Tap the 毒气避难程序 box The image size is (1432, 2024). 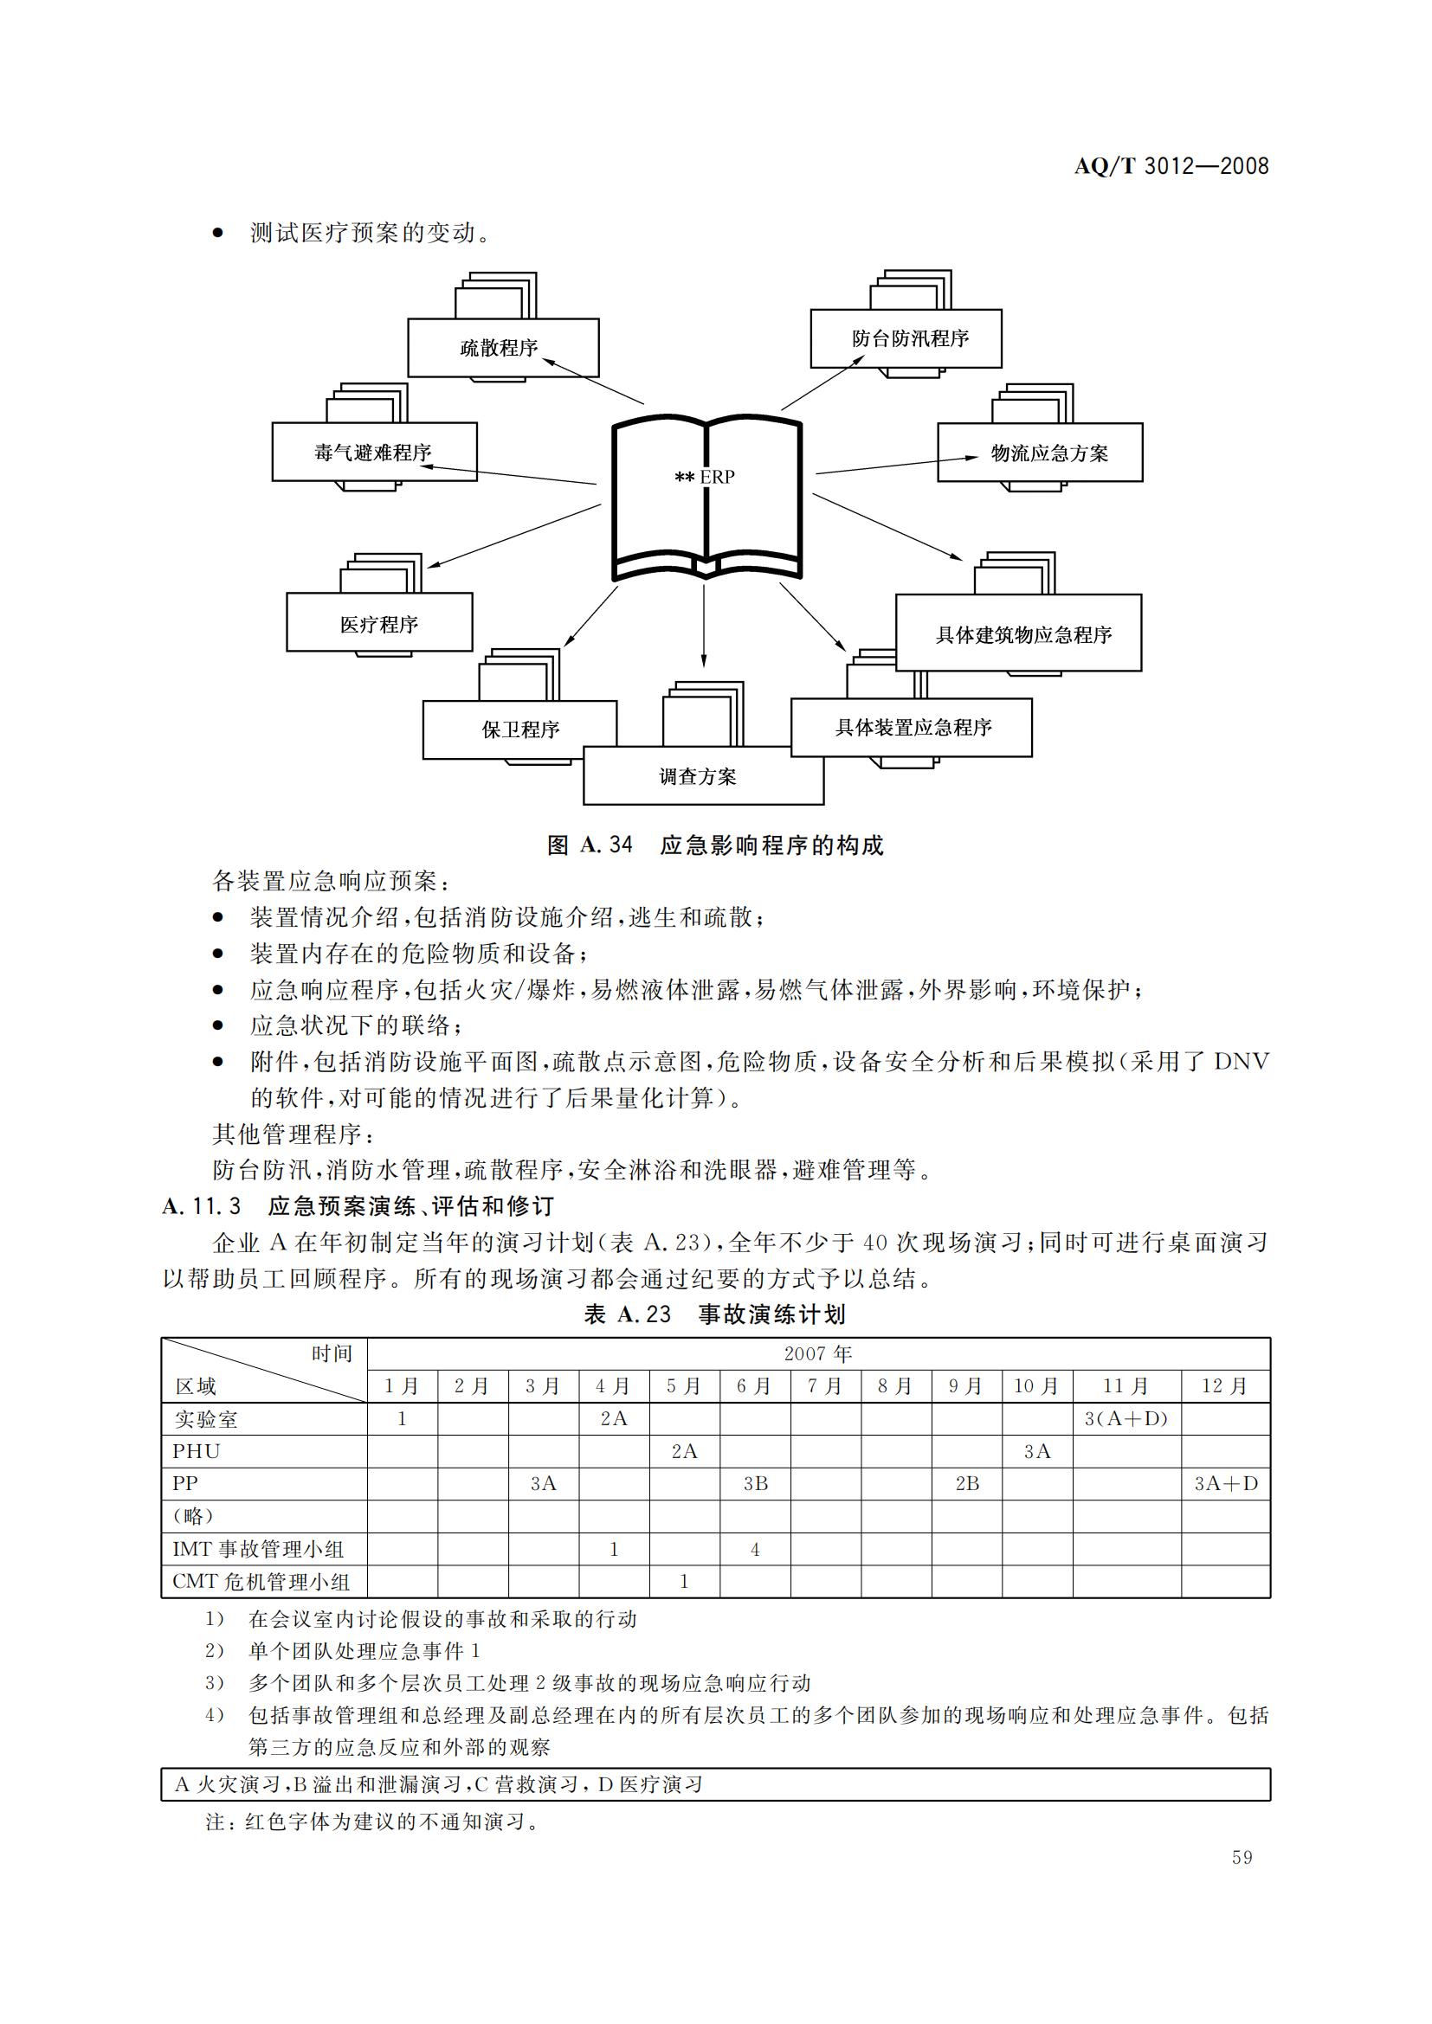[x=374, y=453]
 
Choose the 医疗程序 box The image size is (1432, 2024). [x=379, y=623]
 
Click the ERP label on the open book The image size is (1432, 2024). [x=717, y=477]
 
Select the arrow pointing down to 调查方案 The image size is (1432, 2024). [x=704, y=626]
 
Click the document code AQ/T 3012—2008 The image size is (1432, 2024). [x=1171, y=166]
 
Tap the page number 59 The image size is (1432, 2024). [x=1242, y=1857]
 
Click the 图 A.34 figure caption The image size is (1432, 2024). [x=715, y=845]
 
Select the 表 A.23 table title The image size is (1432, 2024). [x=715, y=1314]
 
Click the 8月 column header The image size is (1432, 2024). [x=895, y=1385]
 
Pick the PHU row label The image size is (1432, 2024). [x=196, y=1451]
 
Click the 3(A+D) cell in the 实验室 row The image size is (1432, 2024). [x=1126, y=1418]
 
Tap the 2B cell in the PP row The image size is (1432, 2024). [x=967, y=1484]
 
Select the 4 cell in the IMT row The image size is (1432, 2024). [x=755, y=1549]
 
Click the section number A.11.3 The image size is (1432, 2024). [x=201, y=1206]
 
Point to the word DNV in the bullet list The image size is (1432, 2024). [x=1241, y=1062]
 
